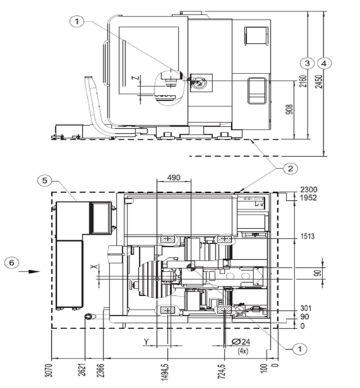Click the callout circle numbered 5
coord(45,181)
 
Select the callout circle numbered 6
coord(12,262)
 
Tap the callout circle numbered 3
coord(307,63)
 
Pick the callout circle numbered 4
coord(324,63)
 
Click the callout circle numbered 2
coord(290,168)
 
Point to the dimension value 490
coord(174,177)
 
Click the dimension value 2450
coord(320,81)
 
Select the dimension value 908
coord(289,109)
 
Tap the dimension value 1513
coord(307,236)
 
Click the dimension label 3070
coord(50,371)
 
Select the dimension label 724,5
coord(222,371)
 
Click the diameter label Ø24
coord(241,342)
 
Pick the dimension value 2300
coord(309,189)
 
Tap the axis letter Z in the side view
coord(136,78)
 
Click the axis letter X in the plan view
coord(94,266)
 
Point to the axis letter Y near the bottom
coord(146,342)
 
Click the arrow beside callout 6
coord(30,271)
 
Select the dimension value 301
coord(306,308)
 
